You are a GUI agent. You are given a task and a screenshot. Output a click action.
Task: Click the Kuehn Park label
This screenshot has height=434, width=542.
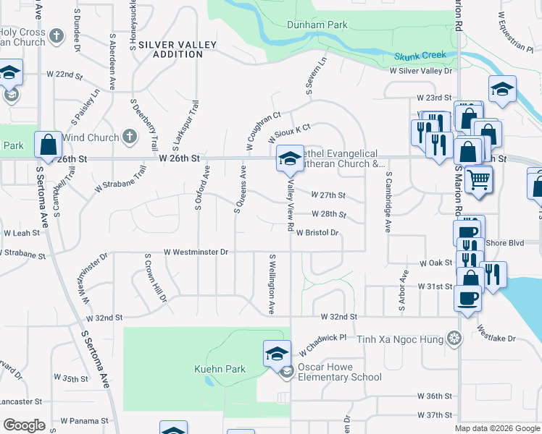pos(220,369)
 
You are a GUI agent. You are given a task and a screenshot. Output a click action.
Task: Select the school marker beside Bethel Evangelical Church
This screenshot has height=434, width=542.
pos(288,158)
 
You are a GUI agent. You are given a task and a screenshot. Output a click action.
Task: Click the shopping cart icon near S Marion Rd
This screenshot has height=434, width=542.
pos(478,179)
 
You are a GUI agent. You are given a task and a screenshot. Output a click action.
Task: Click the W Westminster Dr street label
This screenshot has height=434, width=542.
pos(196,252)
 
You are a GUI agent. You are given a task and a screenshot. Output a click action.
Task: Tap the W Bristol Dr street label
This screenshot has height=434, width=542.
pos(317,233)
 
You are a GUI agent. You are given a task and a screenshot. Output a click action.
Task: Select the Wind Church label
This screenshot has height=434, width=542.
pos(90,137)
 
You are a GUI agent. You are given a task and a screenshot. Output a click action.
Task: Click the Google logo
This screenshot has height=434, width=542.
pos(24,425)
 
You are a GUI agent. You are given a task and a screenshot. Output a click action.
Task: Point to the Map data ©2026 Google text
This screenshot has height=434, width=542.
pos(497,428)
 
